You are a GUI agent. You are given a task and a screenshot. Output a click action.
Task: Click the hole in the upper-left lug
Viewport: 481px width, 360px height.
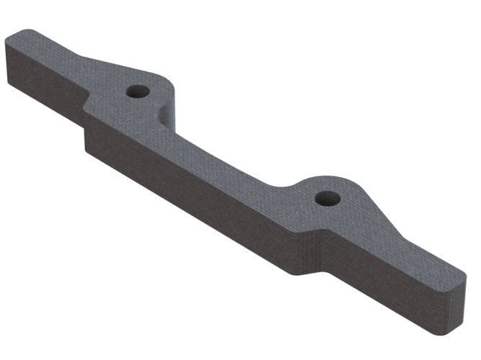[136, 91]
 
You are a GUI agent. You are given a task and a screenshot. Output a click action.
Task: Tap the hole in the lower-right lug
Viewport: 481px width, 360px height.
[327, 197]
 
